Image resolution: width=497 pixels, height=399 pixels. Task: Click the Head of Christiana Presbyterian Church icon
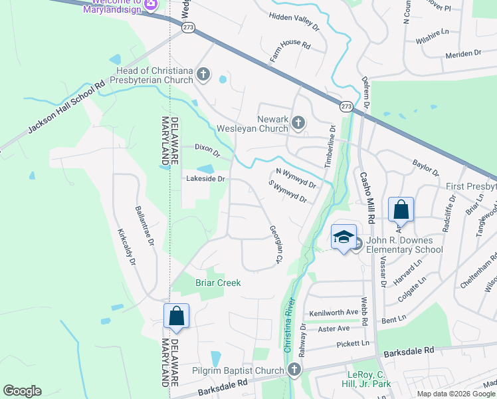click(x=203, y=75)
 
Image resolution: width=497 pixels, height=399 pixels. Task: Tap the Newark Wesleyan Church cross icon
click(x=298, y=122)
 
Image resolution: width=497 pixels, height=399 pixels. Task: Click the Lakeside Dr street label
click(x=206, y=179)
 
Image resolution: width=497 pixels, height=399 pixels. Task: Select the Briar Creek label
click(x=217, y=283)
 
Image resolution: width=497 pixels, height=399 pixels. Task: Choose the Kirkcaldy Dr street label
click(x=126, y=248)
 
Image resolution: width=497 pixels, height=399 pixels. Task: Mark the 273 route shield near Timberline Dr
click(x=346, y=106)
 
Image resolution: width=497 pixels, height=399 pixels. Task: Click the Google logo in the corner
click(x=22, y=391)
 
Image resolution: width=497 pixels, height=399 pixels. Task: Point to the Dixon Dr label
click(x=207, y=147)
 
